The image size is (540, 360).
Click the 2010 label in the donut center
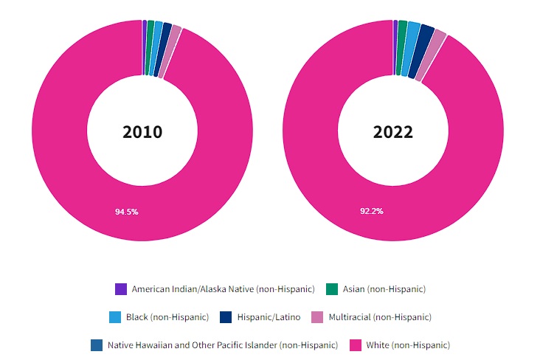(x=142, y=132)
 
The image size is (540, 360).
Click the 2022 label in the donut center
(x=392, y=132)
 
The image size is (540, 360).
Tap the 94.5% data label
(x=126, y=212)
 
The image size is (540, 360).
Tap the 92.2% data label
(x=371, y=211)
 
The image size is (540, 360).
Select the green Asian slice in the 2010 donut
(x=150, y=48)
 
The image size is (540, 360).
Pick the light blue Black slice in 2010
(x=158, y=49)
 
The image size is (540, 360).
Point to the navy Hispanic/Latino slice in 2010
(x=166, y=51)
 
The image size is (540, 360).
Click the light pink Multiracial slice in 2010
(x=174, y=53)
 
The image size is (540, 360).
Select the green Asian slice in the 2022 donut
(x=402, y=48)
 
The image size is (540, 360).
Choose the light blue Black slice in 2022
(x=413, y=49)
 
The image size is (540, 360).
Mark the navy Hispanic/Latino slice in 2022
(x=426, y=52)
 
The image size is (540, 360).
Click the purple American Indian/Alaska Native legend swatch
(x=121, y=288)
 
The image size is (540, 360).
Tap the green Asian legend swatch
(x=332, y=288)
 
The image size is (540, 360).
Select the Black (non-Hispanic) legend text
(x=167, y=317)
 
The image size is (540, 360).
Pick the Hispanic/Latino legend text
(x=269, y=317)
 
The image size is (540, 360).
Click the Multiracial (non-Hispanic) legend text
(x=379, y=317)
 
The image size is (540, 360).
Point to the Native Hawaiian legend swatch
(x=97, y=345)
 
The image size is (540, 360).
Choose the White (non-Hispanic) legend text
(x=408, y=345)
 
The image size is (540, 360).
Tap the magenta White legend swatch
(x=355, y=345)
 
